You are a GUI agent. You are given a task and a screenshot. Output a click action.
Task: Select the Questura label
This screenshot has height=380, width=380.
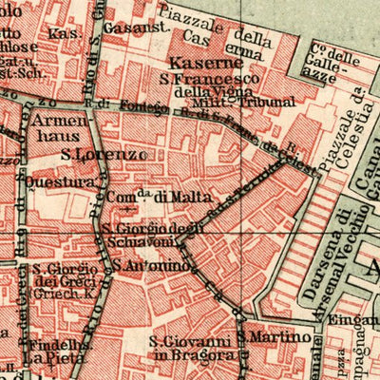point(65,177)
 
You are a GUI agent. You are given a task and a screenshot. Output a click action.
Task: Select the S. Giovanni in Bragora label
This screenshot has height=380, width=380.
point(189,349)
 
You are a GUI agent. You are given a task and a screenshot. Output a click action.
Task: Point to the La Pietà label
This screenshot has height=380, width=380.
point(47,358)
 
